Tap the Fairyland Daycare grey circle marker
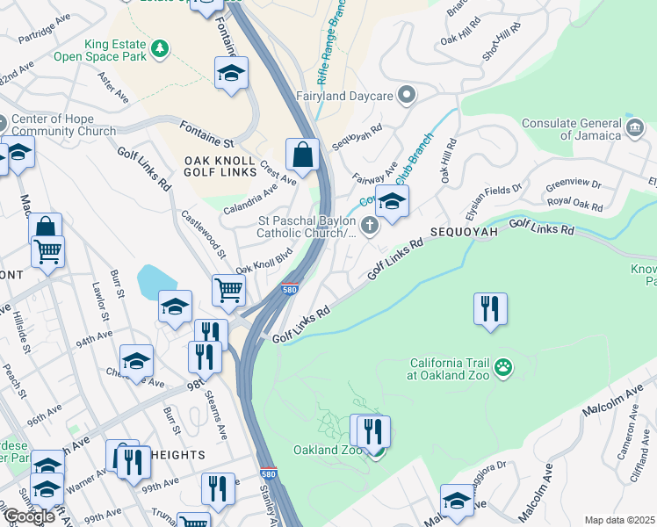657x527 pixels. [406, 94]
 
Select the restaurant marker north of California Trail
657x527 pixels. [490, 308]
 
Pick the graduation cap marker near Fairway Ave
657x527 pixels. [392, 200]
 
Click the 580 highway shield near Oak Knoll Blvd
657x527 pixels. [289, 289]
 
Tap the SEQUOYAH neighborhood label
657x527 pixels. [464, 232]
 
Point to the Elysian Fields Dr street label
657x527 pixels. [494, 200]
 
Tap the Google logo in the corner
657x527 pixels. [29, 516]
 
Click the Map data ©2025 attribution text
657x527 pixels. [619, 520]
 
